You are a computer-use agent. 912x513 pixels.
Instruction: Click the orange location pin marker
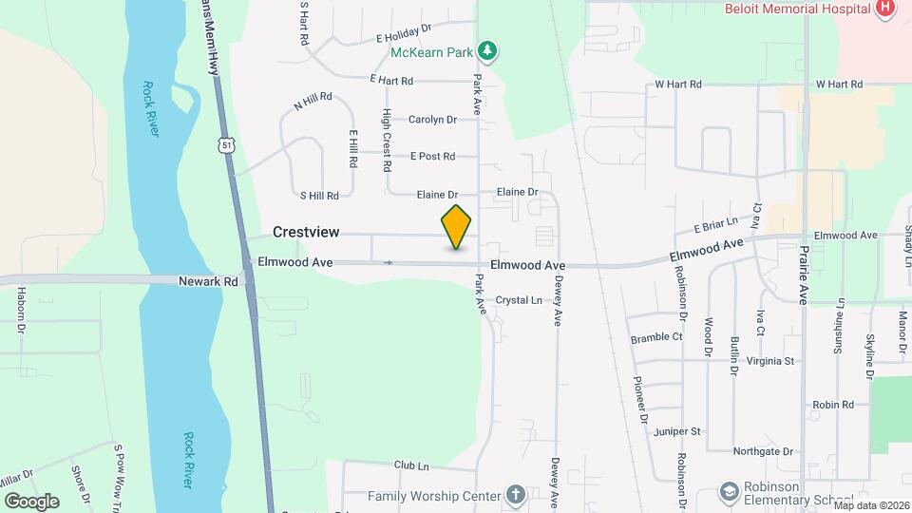click(457, 227)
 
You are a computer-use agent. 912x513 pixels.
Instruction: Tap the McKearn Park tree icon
click(488, 48)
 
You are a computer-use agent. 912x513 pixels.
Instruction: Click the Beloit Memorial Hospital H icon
click(885, 9)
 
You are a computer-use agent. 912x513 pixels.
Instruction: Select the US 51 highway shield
click(225, 143)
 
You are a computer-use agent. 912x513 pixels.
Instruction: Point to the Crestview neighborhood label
click(305, 232)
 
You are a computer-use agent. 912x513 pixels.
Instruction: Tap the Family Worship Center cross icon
click(515, 495)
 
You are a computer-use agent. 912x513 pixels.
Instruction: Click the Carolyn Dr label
click(432, 120)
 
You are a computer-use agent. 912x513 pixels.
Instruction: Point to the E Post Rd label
click(432, 156)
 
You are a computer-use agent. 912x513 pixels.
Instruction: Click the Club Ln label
click(411, 466)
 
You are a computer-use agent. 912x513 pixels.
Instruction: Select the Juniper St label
click(677, 431)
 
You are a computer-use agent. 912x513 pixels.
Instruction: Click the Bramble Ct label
click(656, 337)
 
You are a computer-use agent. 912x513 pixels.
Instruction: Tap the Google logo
click(31, 501)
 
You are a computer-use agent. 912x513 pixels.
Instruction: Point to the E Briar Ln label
click(715, 227)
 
